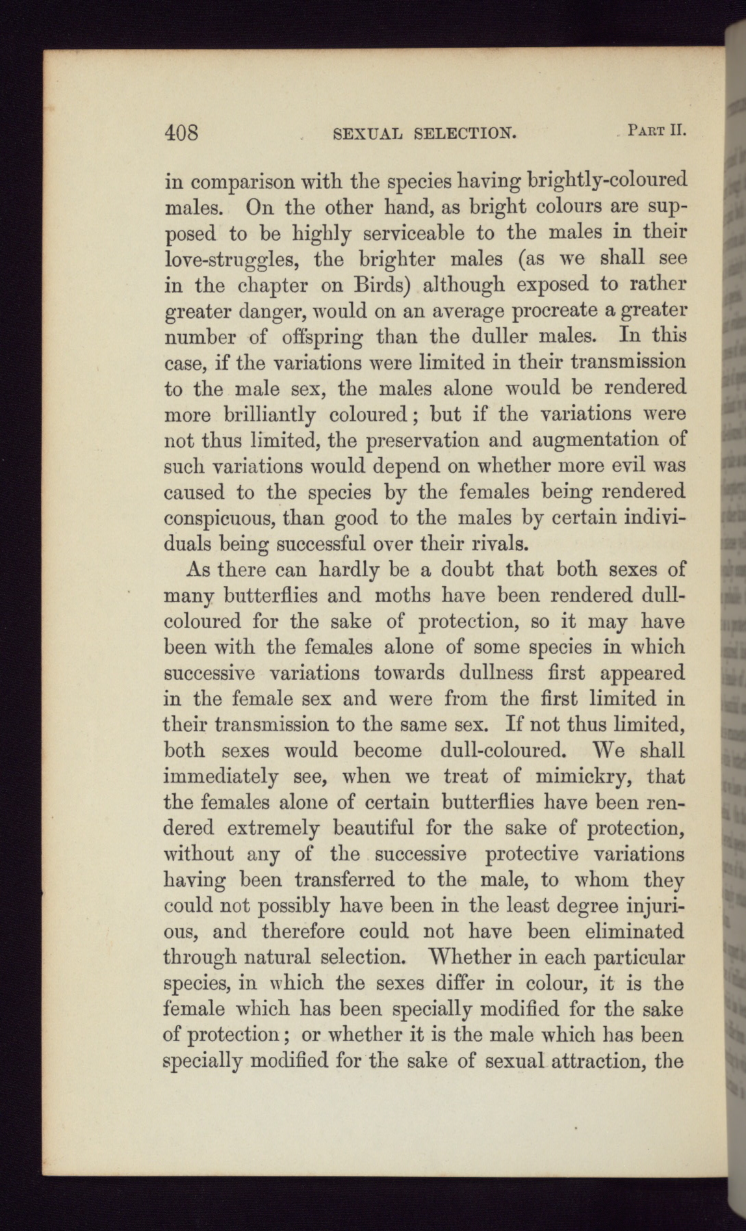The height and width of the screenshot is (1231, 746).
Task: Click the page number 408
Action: point(181,131)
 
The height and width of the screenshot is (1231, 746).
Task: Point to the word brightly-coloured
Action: point(607,181)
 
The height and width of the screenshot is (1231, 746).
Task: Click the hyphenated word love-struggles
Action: point(233,260)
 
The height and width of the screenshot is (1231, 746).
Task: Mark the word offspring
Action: point(321,337)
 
